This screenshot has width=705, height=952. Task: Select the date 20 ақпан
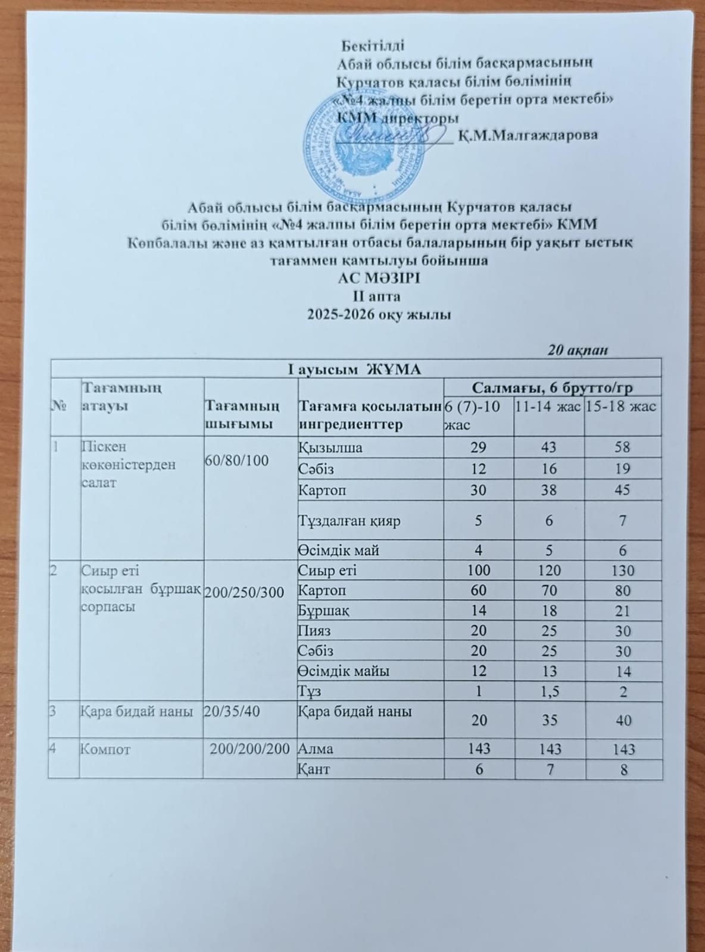[577, 350]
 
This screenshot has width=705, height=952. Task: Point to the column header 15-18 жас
[621, 407]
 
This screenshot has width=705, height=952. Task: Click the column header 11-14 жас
[548, 407]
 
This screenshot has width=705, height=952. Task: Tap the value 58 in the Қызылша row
[622, 447]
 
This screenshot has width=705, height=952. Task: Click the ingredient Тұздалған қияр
[348, 521]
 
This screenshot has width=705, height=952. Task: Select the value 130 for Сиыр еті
[622, 571]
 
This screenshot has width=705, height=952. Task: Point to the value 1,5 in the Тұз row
[549, 692]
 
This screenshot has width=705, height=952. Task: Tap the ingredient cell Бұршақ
[323, 610]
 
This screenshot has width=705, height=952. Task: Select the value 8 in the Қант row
[623, 769]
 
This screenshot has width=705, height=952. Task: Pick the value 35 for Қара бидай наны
[550, 721]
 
